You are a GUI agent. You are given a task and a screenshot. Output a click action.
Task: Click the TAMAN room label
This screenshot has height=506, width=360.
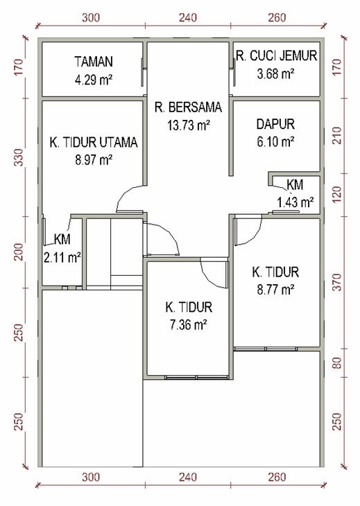93,62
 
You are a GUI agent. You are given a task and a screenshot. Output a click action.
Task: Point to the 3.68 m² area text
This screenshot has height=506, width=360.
275,72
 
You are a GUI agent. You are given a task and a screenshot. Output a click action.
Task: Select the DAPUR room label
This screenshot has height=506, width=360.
275,125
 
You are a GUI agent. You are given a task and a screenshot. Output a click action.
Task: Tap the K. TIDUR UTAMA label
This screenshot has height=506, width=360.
93,143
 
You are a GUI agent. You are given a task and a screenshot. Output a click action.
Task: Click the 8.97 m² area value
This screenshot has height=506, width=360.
93,159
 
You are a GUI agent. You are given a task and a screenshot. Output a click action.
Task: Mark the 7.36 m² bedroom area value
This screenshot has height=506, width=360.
188,323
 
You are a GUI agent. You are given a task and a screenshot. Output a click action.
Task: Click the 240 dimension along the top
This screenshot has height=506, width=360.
188,17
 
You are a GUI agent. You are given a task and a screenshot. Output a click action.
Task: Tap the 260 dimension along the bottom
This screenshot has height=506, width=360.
276,477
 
